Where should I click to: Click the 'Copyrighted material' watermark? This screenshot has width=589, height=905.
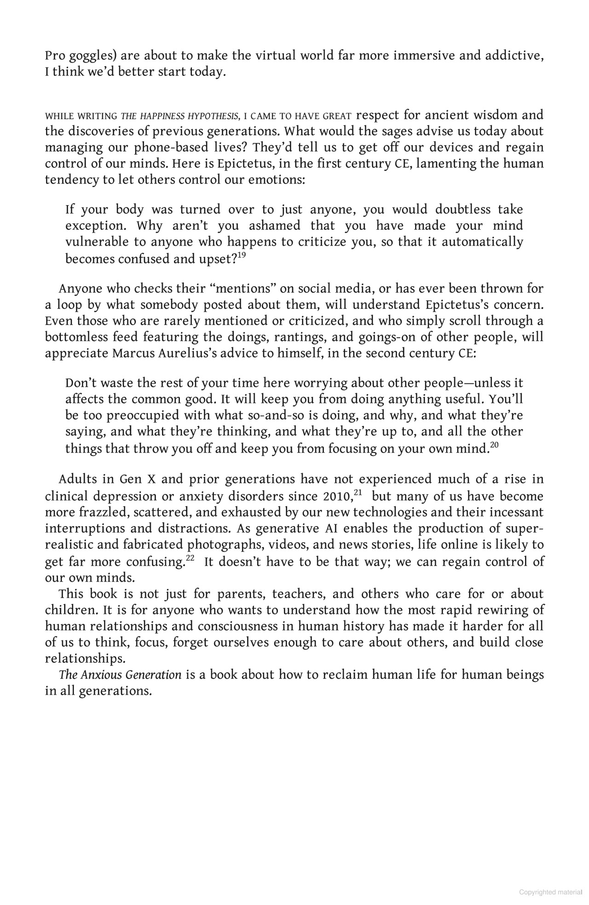pyautogui.click(x=550, y=893)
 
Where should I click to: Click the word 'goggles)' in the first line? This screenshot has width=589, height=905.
pyautogui.click(x=90, y=56)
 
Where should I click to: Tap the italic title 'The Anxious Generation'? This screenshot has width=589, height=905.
pyautogui.click(x=120, y=675)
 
